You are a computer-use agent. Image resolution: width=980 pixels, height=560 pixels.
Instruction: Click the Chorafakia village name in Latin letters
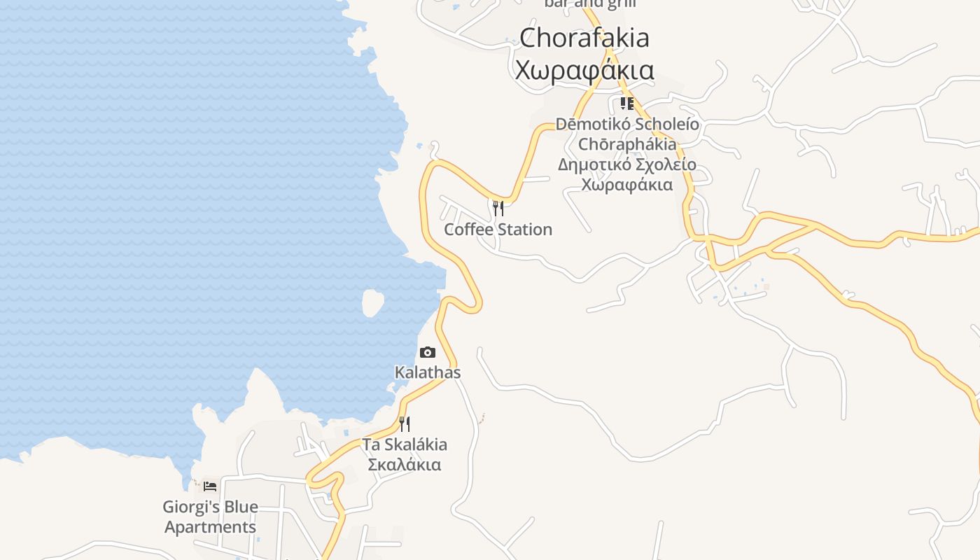coord(584,38)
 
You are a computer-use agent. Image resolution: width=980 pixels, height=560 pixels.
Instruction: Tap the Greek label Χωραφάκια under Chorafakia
coord(584,70)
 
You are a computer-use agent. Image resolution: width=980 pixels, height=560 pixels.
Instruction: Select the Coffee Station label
coord(498,230)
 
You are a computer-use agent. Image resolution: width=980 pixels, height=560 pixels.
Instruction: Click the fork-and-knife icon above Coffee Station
coord(498,208)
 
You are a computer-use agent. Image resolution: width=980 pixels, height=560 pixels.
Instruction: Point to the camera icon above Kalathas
coord(427,352)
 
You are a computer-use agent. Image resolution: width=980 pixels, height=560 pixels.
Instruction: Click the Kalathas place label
coord(428,372)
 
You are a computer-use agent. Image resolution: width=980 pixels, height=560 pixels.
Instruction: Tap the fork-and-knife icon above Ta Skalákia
coord(405,423)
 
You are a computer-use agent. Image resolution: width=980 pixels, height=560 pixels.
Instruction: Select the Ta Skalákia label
coord(405,444)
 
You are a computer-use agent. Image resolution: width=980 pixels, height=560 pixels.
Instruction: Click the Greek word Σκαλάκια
coord(405,465)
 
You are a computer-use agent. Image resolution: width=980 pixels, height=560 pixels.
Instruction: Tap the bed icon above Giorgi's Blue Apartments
coord(210,486)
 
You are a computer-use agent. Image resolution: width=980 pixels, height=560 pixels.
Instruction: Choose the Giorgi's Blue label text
coord(210,506)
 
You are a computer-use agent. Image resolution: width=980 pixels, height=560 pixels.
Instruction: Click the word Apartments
coord(210,526)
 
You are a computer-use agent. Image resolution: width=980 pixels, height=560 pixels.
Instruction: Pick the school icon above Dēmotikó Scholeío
coord(627,104)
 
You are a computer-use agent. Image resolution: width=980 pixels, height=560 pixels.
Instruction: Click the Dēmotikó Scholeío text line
coord(627,124)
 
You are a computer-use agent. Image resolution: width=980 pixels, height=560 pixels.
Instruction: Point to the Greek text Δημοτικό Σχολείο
coord(627,164)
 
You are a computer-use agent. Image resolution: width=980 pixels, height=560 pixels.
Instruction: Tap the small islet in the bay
coord(372,302)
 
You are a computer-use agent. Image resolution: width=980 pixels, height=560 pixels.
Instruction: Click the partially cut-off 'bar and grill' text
coord(590,3)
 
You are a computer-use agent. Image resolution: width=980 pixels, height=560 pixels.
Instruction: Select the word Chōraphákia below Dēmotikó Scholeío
coord(627,144)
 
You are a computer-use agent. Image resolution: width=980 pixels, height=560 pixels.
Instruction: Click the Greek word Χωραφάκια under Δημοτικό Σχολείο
coord(627,185)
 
